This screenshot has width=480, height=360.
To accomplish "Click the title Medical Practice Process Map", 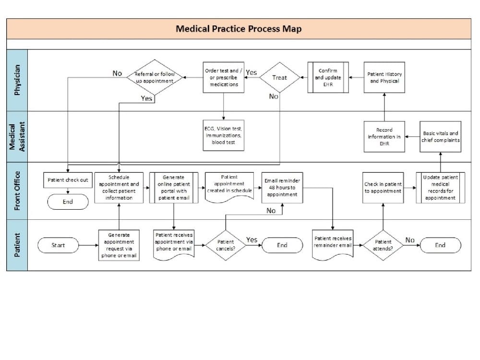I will pyautogui.click(x=239, y=29).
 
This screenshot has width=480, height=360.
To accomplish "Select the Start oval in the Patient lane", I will pyautogui.click(x=58, y=245).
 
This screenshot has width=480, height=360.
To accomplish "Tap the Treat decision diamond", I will pyautogui.click(x=279, y=77).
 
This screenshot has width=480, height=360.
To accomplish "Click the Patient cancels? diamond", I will pyautogui.click(x=225, y=245).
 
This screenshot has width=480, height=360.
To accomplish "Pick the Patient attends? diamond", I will pyautogui.click(x=383, y=245).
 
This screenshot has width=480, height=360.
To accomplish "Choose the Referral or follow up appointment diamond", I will pyautogui.click(x=155, y=77).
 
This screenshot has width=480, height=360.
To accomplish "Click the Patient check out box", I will pyautogui.click(x=68, y=180).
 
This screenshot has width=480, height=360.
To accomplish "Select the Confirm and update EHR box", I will pyautogui.click(x=328, y=77).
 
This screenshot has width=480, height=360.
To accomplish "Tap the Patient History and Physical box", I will pyautogui.click(x=384, y=77).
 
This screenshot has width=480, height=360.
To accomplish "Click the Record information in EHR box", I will pyautogui.click(x=384, y=136).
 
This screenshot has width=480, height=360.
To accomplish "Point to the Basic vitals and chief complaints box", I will pyautogui.click(x=440, y=136).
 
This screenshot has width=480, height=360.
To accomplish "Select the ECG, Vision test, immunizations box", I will pyautogui.click(x=223, y=135).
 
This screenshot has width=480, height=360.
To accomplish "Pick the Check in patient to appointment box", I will pyautogui.click(x=383, y=188).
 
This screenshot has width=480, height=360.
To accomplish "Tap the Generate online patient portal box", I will pyautogui.click(x=173, y=188).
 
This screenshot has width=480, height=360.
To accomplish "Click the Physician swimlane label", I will pyautogui.click(x=17, y=80).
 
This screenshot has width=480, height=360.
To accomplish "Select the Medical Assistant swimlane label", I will pyautogui.click(x=17, y=136).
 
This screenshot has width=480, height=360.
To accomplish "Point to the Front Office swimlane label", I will pyautogui.click(x=17, y=191).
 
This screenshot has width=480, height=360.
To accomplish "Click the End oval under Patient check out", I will pyautogui.click(x=68, y=202).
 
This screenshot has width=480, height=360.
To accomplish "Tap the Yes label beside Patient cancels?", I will pyautogui.click(x=252, y=240).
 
